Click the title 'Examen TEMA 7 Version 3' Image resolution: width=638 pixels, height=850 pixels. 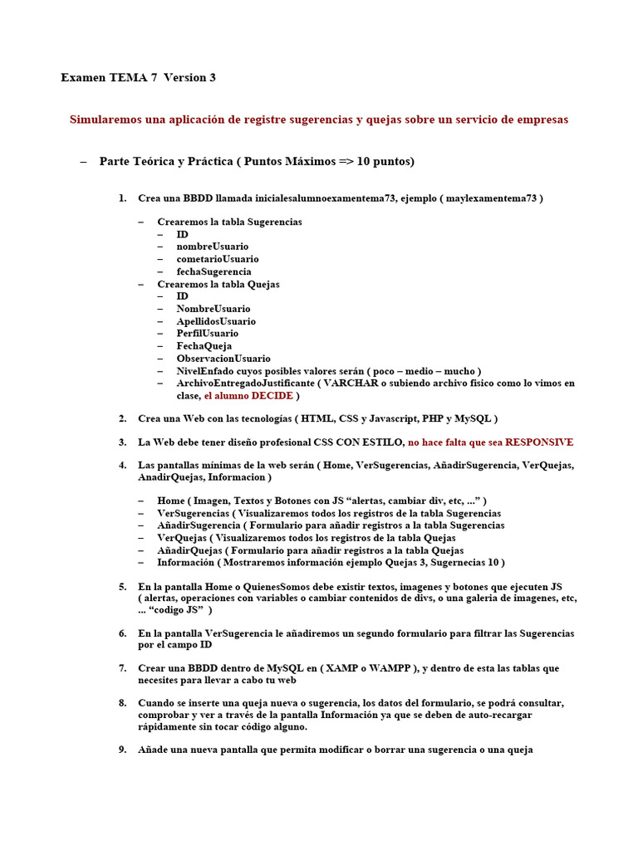pos(138,77)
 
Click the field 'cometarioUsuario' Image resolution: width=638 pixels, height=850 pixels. pos(217,259)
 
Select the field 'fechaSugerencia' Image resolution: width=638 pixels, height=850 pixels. pos(213,271)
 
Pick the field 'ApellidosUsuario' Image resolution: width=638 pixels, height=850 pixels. pos(215,321)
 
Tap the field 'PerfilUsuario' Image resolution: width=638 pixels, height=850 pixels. pos(207,334)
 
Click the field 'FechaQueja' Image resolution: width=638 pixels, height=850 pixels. pos(204,346)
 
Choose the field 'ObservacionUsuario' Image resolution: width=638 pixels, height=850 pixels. pos(223,359)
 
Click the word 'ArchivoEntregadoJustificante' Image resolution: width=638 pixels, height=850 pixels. pos(245,383)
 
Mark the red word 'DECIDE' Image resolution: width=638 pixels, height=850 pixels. pos(273,396)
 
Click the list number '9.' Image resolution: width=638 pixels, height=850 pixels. pos(122,750)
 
